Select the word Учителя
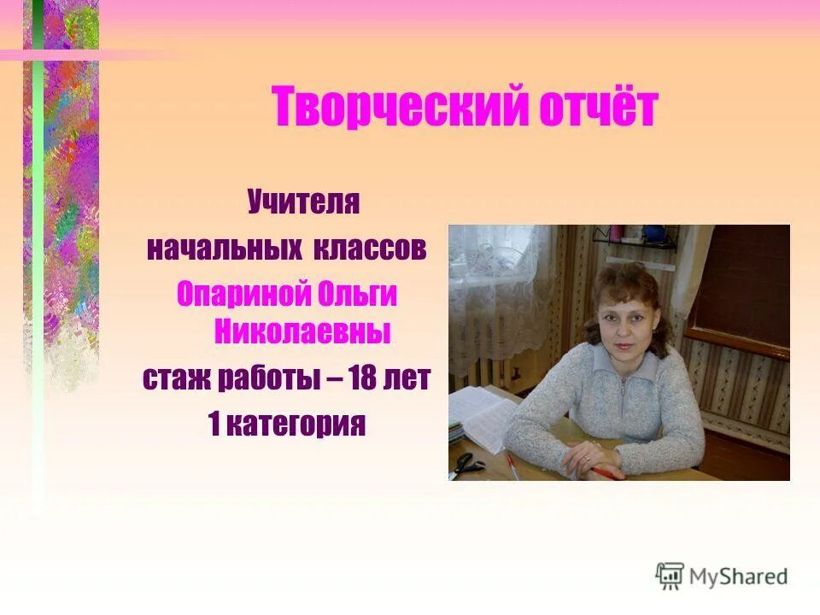click(303, 204)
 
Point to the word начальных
click(225, 249)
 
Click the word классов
click(372, 249)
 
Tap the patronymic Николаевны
click(301, 331)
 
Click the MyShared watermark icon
click(670, 576)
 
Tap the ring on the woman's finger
click(587, 459)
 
